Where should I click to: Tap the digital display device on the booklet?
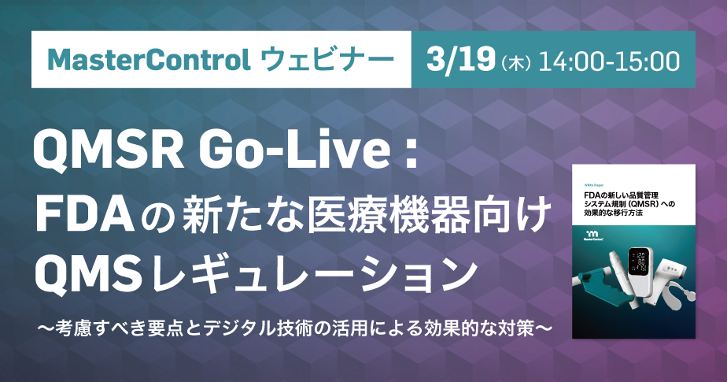[x=637, y=272]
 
